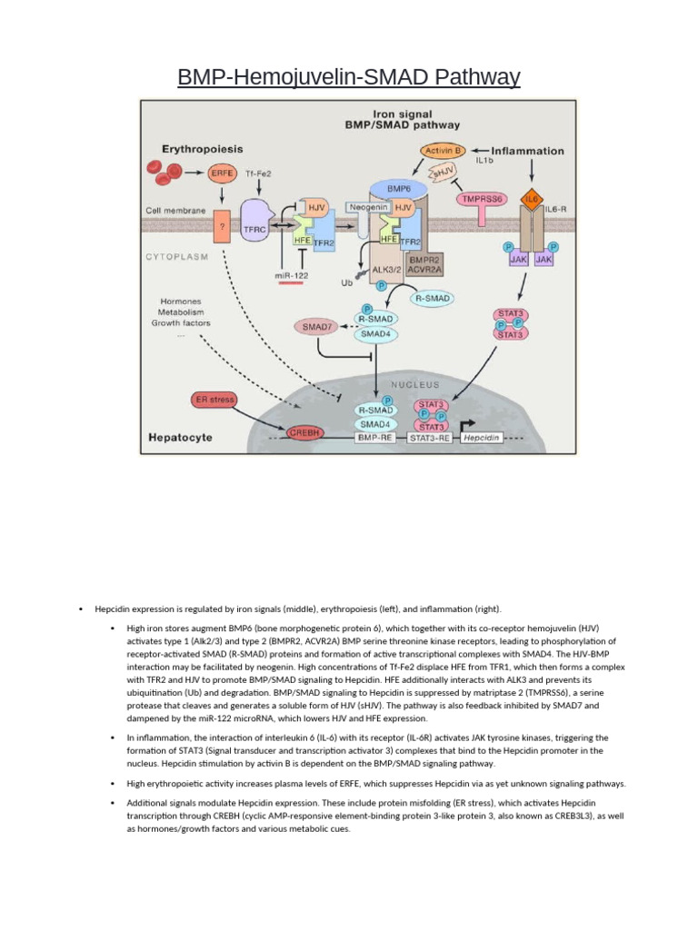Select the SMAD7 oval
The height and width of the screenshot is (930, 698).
click(315, 326)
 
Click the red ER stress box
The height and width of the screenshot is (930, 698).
click(215, 399)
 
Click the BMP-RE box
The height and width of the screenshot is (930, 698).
click(375, 437)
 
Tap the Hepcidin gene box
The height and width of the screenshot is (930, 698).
click(482, 437)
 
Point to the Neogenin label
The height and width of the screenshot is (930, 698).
click(372, 208)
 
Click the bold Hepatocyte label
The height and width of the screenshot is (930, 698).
click(181, 438)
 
